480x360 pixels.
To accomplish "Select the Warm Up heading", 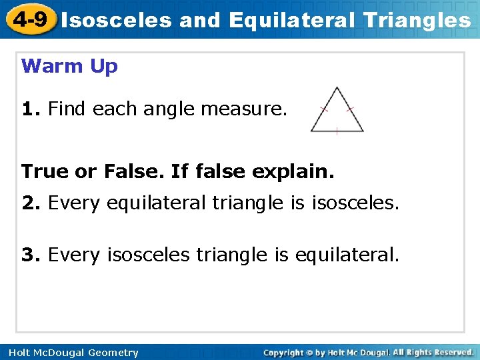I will pos(69,66).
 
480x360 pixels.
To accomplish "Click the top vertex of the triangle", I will pos(337,88).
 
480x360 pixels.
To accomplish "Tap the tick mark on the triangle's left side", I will pos(324,109).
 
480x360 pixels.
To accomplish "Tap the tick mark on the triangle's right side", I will pos(351,109).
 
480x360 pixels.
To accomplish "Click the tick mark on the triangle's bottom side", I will pos(337,131).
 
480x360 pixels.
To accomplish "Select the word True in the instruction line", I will pos(45,171).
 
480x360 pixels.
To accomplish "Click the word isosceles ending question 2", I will pos(355,202).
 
